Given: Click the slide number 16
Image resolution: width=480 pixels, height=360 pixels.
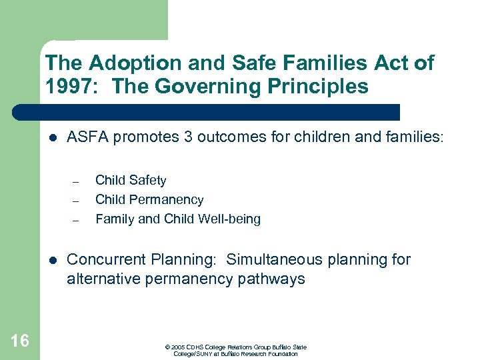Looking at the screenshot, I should pyautogui.click(x=20, y=341).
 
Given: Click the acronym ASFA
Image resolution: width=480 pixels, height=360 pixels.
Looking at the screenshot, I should pyautogui.click(x=87, y=138).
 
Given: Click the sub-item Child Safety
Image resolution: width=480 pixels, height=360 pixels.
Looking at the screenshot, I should pyautogui.click(x=131, y=180).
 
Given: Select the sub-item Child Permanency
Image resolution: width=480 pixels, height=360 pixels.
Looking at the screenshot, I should pyautogui.click(x=149, y=199).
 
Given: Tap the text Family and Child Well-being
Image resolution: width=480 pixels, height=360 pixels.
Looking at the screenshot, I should pyautogui.click(x=178, y=219).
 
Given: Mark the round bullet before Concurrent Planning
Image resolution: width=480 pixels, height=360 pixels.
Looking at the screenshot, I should pyautogui.click(x=53, y=260).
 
